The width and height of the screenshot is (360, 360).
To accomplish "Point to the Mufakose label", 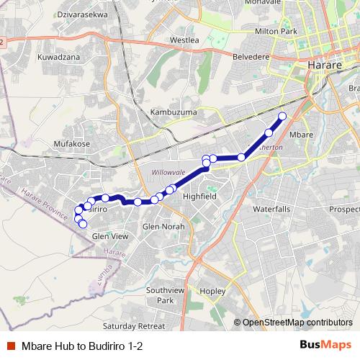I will pyautogui.click(x=72, y=143).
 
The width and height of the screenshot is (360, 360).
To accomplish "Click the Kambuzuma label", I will pyautogui.click(x=172, y=112).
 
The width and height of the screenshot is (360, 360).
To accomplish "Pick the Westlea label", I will pyautogui.click(x=184, y=40).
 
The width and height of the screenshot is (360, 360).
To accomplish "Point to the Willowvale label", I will pyautogui.click(x=168, y=172).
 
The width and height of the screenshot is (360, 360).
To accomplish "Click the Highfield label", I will pyautogui.click(x=199, y=196).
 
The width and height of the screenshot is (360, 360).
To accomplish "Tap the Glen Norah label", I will pyautogui.click(x=163, y=226).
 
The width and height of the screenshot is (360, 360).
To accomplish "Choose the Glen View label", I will pyautogui.click(x=110, y=235).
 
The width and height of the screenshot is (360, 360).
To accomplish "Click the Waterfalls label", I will pyautogui.click(x=271, y=209).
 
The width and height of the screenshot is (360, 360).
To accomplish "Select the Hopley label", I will pyautogui.click(x=213, y=292).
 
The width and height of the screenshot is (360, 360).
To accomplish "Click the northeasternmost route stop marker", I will pyautogui.click(x=282, y=116).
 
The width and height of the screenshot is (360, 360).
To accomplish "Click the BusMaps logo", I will pyautogui.click(x=326, y=345).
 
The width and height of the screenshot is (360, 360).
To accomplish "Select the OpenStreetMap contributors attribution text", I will pyautogui.click(x=297, y=323).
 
